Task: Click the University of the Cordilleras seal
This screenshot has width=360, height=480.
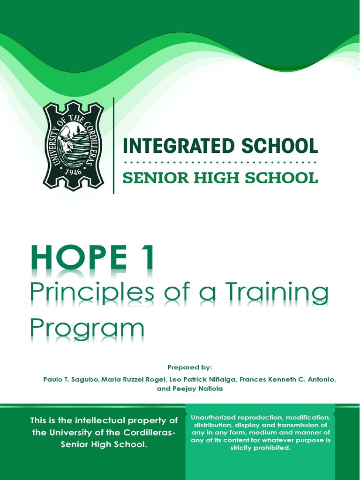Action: (x=73, y=145)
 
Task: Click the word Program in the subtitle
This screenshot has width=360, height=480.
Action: (x=87, y=328)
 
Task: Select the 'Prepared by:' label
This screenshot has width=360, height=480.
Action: (x=190, y=367)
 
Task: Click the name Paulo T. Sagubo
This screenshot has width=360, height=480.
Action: (x=71, y=379)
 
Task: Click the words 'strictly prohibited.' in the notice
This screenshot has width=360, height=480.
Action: (x=261, y=448)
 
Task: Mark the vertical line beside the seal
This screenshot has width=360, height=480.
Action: (x=114, y=145)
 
